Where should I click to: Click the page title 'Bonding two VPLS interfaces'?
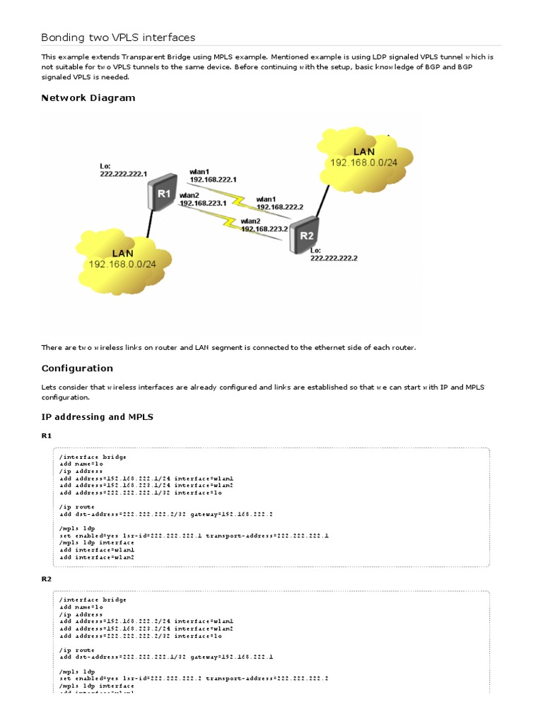[118, 37]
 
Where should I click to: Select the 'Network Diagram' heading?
[88, 98]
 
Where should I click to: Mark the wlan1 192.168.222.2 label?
[279, 203]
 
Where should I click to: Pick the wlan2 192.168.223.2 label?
[264, 225]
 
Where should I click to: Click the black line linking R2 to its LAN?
[322, 201]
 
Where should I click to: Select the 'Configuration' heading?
[77, 368]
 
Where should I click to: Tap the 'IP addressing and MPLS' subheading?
[97, 416]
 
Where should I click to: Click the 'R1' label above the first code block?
[47, 436]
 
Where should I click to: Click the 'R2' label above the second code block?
[47, 578]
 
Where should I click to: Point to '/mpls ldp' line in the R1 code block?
[77, 529]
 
